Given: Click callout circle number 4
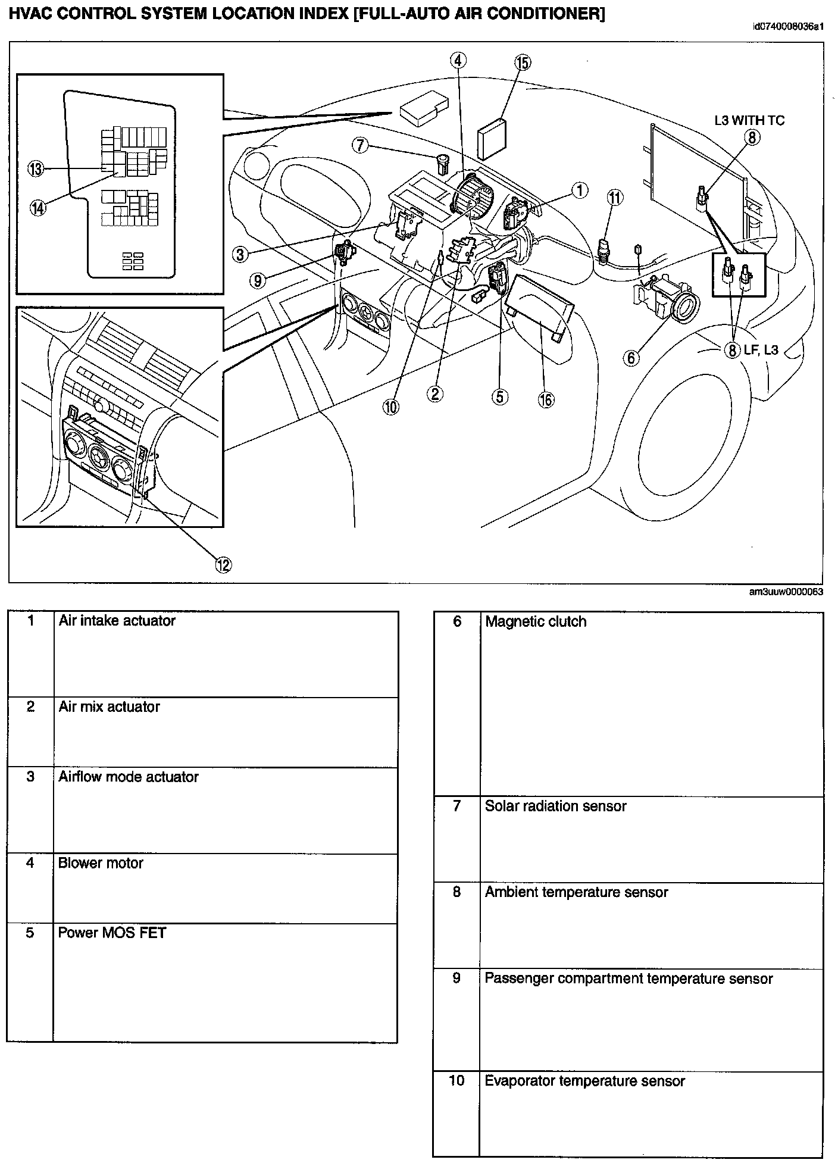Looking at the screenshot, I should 458,60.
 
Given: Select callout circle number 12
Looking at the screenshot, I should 223,564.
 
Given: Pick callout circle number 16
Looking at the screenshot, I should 546,399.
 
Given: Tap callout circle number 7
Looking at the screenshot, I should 360,145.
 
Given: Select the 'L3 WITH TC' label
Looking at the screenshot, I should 749,120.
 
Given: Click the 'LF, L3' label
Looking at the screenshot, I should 761,349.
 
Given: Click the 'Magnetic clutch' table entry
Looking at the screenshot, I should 536,622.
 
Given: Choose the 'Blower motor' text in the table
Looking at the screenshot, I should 101,863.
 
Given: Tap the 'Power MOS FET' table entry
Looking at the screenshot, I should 111,933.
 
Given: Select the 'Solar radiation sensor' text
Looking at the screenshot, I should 555,807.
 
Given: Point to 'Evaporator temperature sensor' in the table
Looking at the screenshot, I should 584,1081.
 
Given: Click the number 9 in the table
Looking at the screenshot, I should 456,979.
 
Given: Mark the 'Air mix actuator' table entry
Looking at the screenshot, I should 109,707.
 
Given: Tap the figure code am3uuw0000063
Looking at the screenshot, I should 786,592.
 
